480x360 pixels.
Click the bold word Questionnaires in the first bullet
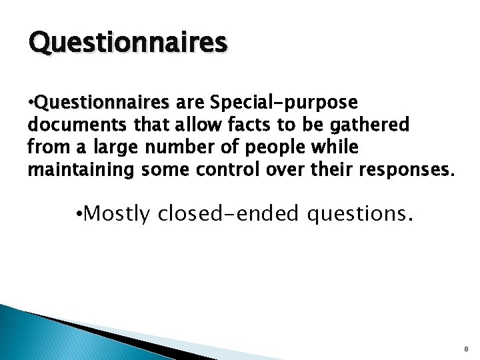pos(103,103)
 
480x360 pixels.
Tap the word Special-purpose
pos(283,103)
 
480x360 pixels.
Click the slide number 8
pos(466,349)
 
